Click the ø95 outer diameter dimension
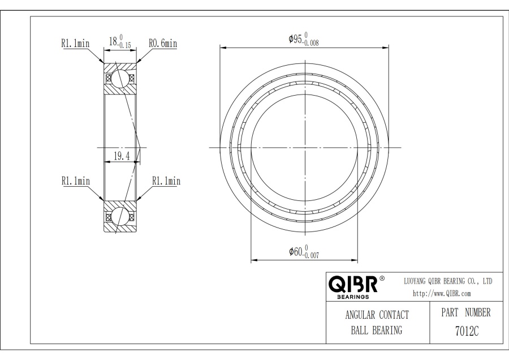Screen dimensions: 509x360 (304, 39)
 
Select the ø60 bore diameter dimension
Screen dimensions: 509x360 (304, 251)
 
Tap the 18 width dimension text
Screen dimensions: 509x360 (120, 41)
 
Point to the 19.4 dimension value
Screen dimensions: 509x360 (122, 156)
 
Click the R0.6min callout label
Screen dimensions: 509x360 (163, 43)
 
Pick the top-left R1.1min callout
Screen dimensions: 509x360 (75, 43)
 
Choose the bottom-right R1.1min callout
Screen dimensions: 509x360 (166, 181)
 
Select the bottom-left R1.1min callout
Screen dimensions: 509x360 (76, 181)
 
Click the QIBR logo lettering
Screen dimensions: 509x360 (353, 284)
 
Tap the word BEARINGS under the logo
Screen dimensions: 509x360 (353, 297)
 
